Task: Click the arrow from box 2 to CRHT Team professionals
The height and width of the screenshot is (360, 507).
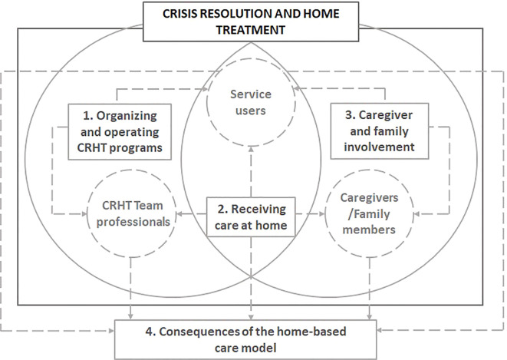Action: coord(190,215)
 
